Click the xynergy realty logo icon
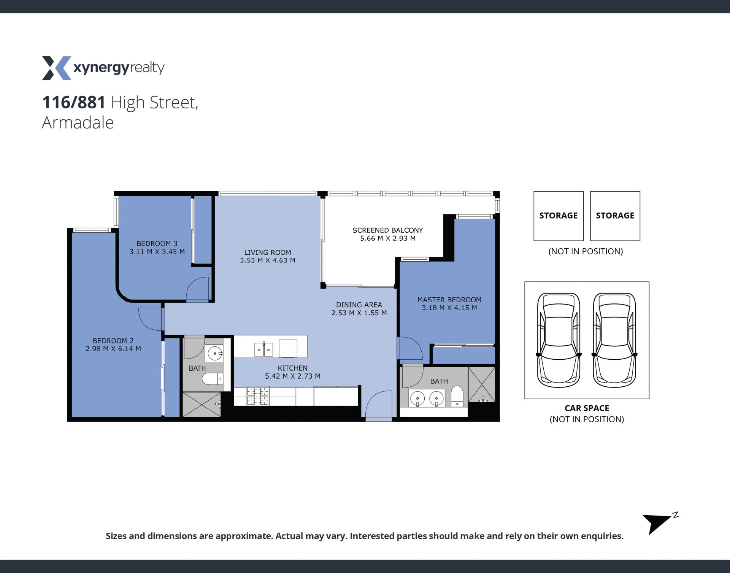pyautogui.click(x=56, y=68)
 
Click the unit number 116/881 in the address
pyautogui.click(x=74, y=102)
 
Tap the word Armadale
pyautogui.click(x=78, y=122)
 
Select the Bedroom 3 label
pyautogui.click(x=157, y=243)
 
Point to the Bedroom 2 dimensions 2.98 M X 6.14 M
pyautogui.click(x=113, y=349)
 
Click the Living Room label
pyautogui.click(x=268, y=252)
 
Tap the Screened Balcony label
pyautogui.click(x=388, y=230)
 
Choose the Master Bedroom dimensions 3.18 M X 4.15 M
pyautogui.click(x=449, y=308)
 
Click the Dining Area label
pyautogui.click(x=359, y=305)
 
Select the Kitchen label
pyautogui.click(x=293, y=368)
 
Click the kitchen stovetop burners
pyautogui.click(x=258, y=396)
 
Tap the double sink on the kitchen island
pyautogui.click(x=263, y=349)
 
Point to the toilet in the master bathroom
pyautogui.click(x=457, y=396)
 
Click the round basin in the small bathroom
pyautogui.click(x=215, y=354)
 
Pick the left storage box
pyautogui.click(x=559, y=216)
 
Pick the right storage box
pyautogui.click(x=615, y=216)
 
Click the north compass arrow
pyautogui.click(x=657, y=524)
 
